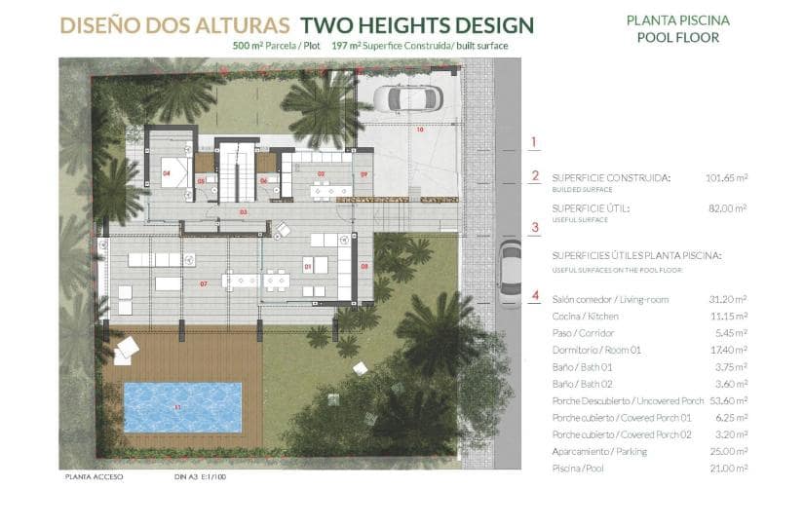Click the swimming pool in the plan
pyautogui.click(x=182, y=406)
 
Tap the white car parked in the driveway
pyautogui.click(x=408, y=98)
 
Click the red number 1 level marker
pyautogui.click(x=534, y=142)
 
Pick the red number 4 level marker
pyautogui.click(x=534, y=295)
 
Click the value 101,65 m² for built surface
pyautogui.click(x=726, y=178)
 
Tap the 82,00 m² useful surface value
pyautogui.click(x=728, y=208)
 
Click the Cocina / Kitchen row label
pyautogui.click(x=585, y=317)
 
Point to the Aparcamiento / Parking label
pyautogui.click(x=598, y=452)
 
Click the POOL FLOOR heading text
pyautogui.click(x=677, y=38)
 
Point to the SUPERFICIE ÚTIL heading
pyautogui.click(x=591, y=208)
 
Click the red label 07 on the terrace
pyautogui.click(x=205, y=283)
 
